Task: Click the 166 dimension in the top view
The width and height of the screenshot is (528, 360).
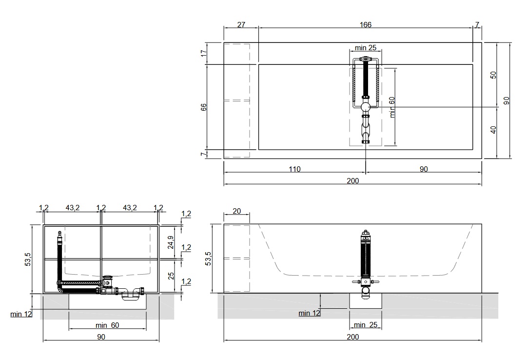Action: pyautogui.click(x=365, y=24)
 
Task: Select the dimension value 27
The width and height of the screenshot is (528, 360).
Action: pyautogui.click(x=241, y=24)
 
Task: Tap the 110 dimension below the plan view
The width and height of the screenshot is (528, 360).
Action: pyautogui.click(x=294, y=169)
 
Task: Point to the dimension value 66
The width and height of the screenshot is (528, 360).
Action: pyautogui.click(x=204, y=107)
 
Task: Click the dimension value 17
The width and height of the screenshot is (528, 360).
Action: pyautogui.click(x=204, y=53)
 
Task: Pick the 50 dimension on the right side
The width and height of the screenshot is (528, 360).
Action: pyautogui.click(x=493, y=75)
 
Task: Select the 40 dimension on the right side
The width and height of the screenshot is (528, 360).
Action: pyautogui.click(x=493, y=130)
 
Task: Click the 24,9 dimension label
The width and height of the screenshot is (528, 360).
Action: pyautogui.click(x=171, y=242)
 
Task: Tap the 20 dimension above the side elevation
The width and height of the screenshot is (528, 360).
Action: pyautogui.click(x=237, y=211)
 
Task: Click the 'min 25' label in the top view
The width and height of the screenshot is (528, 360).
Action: pyautogui.click(x=365, y=48)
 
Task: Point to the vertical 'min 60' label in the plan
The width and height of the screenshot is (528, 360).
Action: pyautogui.click(x=392, y=107)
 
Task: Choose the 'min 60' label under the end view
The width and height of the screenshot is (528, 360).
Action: pyautogui.click(x=107, y=325)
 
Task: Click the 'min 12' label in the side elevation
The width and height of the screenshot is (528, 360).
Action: pyautogui.click(x=309, y=313)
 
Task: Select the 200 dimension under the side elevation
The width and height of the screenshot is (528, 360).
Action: pyautogui.click(x=353, y=337)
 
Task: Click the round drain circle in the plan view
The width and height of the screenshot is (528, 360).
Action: pyautogui.click(x=366, y=107)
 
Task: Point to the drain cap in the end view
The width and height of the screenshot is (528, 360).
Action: pyautogui.click(x=107, y=277)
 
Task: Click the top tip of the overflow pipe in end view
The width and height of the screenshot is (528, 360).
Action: pyautogui.click(x=60, y=232)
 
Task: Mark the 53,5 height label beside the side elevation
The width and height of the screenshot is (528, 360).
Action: pyautogui.click(x=209, y=259)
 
